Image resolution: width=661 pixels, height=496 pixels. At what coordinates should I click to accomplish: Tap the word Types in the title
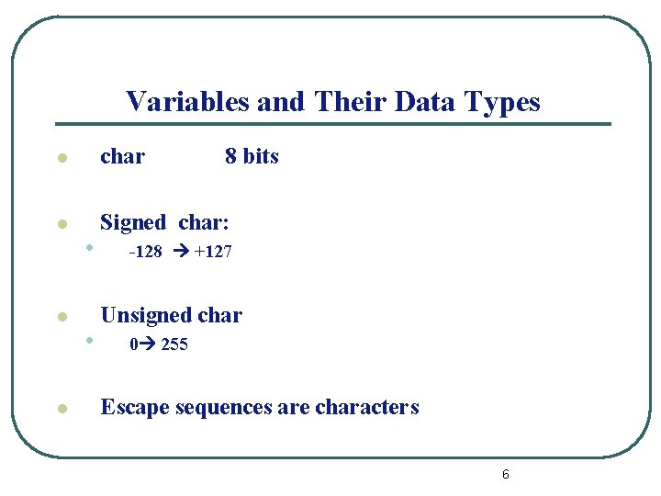pos(503,101)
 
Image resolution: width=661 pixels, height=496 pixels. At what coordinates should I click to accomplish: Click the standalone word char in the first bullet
pos(122,156)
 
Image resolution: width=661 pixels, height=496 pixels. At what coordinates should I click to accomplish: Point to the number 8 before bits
pos(230,156)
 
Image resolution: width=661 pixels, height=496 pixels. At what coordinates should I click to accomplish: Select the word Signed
pos(133,222)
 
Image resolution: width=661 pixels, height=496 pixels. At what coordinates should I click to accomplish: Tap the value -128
pos(146,252)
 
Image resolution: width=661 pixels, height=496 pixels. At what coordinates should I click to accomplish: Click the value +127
pos(213,252)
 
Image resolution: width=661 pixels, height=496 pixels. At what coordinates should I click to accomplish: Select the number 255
pos(174,345)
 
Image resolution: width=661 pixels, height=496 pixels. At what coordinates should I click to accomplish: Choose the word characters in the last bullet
pos(366,407)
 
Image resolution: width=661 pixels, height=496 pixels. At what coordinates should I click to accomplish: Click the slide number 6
pos(506,474)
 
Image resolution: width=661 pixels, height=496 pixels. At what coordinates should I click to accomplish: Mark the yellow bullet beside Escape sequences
pos(61,410)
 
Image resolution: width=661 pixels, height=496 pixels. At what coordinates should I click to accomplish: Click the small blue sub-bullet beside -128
pos(87,246)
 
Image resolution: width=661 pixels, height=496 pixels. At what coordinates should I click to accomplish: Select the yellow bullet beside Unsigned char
pos(61,318)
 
